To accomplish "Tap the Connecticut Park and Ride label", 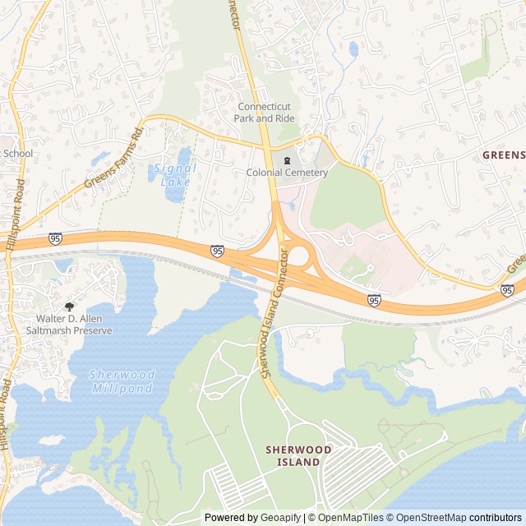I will point(265,113).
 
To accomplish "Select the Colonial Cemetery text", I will point(287,173).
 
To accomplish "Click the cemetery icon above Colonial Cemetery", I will point(287,159).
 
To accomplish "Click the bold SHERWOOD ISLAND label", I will point(298,456).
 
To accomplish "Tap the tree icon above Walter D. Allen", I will point(68,305).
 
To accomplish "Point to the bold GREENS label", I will point(503,155).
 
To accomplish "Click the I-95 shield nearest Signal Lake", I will point(216,250).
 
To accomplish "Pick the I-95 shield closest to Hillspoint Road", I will point(55,238).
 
